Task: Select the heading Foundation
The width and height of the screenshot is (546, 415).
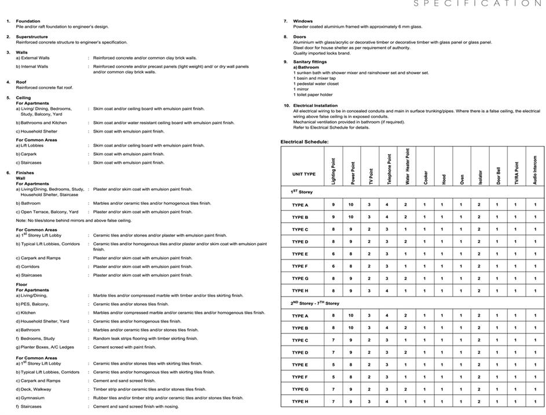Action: (x=28, y=21)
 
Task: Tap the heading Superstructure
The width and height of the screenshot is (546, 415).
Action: (x=31, y=37)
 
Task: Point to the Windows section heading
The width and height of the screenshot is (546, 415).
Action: (x=303, y=21)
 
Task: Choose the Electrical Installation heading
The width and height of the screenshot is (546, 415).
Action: (x=319, y=105)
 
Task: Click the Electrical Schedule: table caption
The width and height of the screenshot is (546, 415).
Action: (x=305, y=142)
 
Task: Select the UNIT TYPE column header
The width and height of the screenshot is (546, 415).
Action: (x=303, y=174)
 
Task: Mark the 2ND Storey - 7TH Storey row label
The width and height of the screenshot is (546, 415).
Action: (x=315, y=303)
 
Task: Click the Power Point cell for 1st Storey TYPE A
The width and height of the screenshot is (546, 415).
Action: (x=351, y=205)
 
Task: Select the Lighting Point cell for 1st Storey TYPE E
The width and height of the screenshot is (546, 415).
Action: (x=333, y=254)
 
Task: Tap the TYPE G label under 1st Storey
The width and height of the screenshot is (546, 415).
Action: (x=300, y=278)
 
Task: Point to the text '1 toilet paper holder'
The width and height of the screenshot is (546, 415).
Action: (x=313, y=95)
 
